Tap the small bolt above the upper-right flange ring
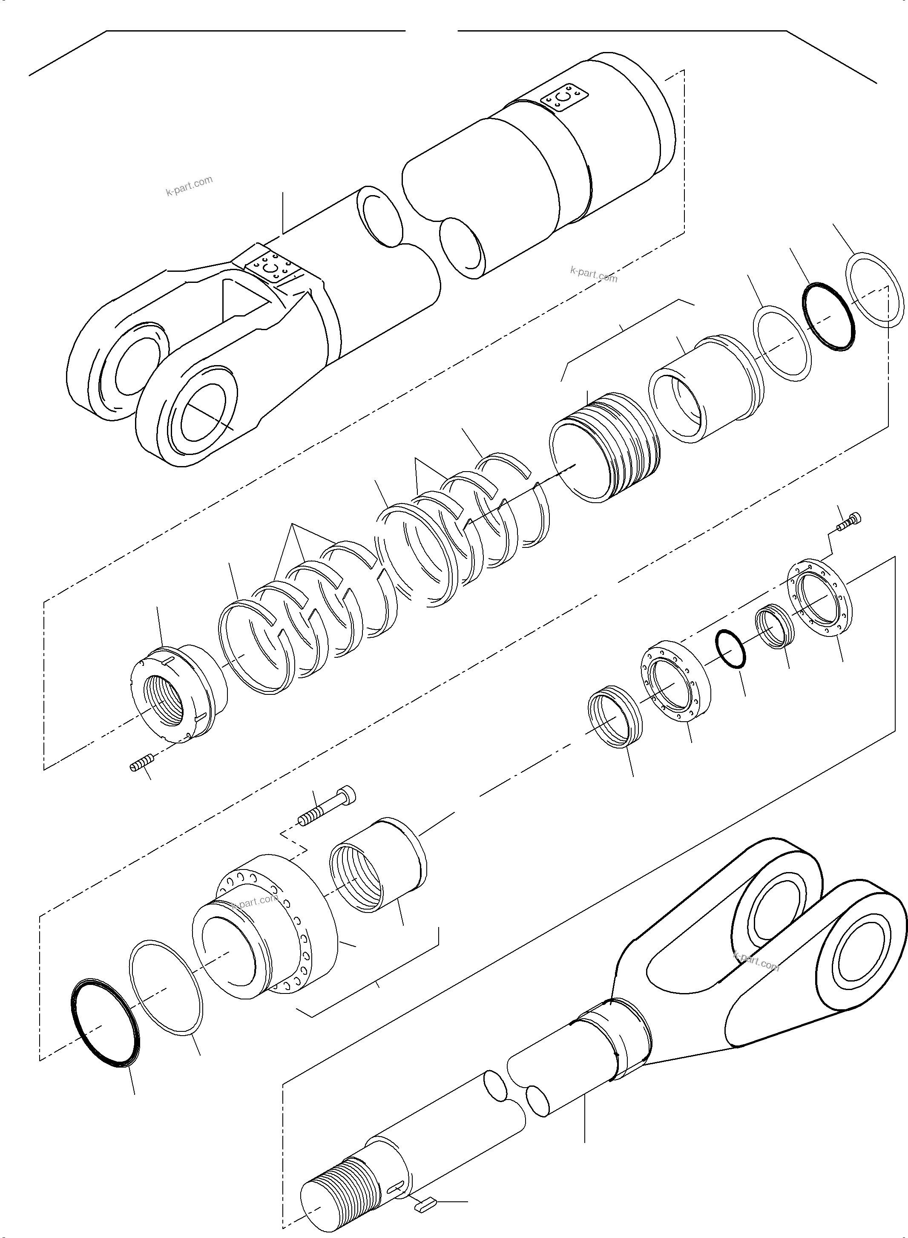click(850, 522)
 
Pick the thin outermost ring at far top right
click(874, 290)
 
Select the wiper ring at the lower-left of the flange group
click(615, 716)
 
